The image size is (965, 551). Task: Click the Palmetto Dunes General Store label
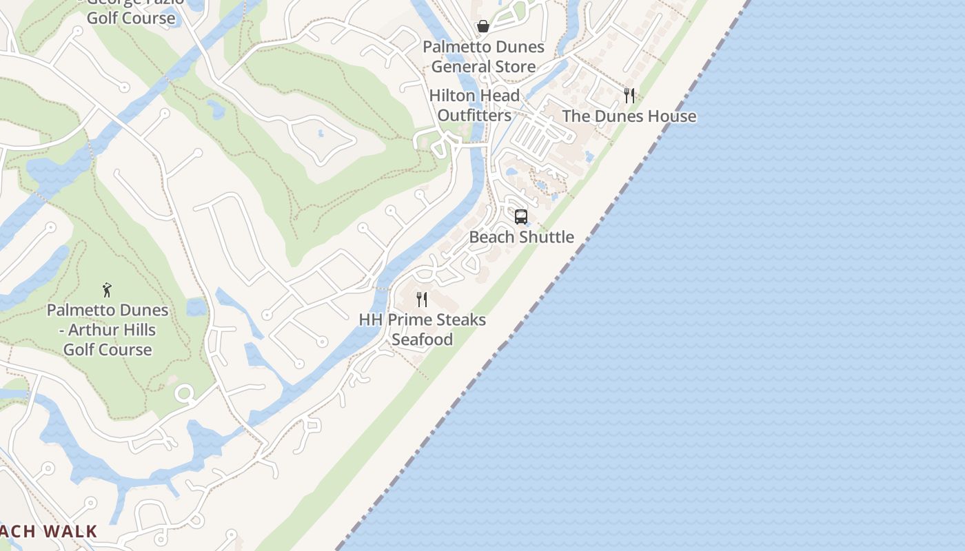[483, 56]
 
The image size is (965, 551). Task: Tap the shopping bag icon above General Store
[483, 26]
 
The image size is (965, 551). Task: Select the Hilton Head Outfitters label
[474, 105]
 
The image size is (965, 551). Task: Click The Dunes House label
[629, 116]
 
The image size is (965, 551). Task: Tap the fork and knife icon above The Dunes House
[629, 95]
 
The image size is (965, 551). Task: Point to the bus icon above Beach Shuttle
[521, 217]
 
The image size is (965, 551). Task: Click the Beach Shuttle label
[521, 237]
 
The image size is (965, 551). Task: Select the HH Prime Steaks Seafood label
[422, 329]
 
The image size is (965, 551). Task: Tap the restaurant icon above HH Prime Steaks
[422, 300]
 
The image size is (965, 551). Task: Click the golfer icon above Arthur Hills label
[107, 290]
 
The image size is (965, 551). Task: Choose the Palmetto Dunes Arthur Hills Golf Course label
[108, 330]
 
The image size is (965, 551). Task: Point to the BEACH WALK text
[48, 531]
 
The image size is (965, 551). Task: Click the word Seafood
[423, 340]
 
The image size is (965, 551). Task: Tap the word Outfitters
[474, 115]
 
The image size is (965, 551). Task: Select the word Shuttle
[547, 237]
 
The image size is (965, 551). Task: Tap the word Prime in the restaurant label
[411, 320]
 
